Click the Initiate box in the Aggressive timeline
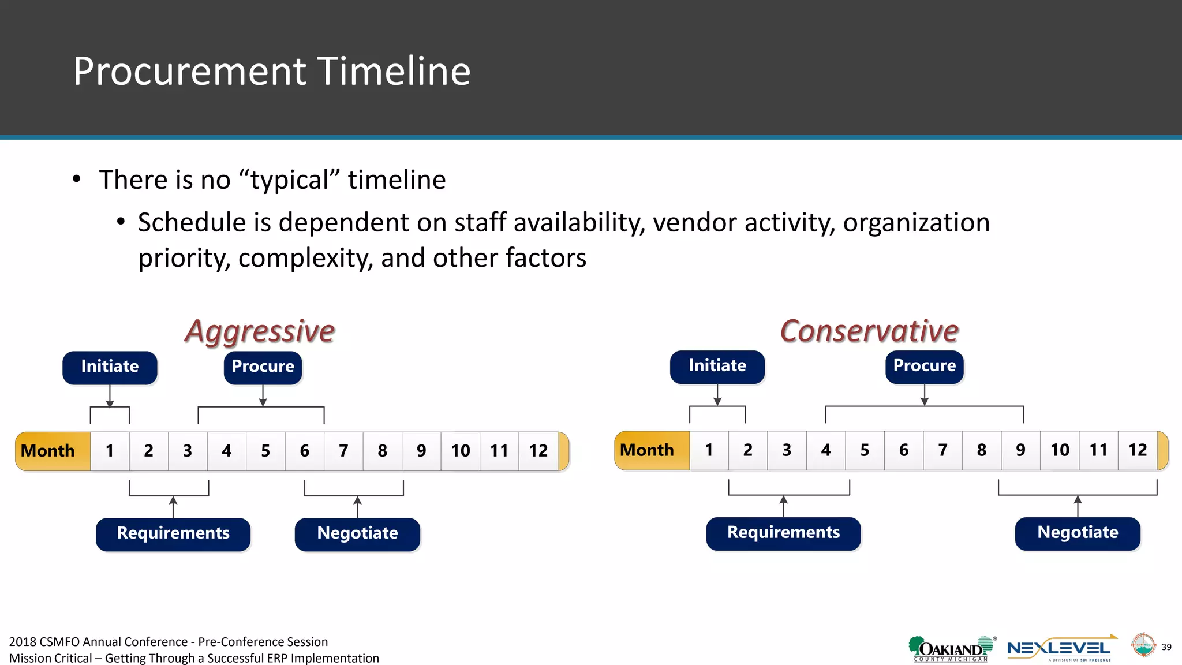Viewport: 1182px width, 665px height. click(110, 367)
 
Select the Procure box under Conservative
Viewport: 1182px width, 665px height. click(924, 367)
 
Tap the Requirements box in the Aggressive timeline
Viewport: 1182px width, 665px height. click(173, 533)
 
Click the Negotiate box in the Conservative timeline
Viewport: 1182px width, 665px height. click(1077, 533)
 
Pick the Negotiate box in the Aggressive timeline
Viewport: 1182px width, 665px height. click(357, 533)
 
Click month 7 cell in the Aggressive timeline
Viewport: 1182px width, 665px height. click(343, 451)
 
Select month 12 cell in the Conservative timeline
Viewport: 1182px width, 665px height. click(1137, 450)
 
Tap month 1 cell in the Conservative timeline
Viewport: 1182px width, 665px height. click(709, 450)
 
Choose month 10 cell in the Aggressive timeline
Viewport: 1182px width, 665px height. click(460, 451)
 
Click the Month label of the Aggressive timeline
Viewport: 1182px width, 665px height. click(48, 451)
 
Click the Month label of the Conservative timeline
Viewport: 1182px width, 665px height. click(647, 450)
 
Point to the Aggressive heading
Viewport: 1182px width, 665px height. click(260, 331)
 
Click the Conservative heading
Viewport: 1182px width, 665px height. click(869, 331)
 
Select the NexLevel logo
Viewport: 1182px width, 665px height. click(1059, 649)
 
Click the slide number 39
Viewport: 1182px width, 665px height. click(1166, 647)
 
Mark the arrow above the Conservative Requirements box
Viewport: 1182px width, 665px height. click(783, 506)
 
